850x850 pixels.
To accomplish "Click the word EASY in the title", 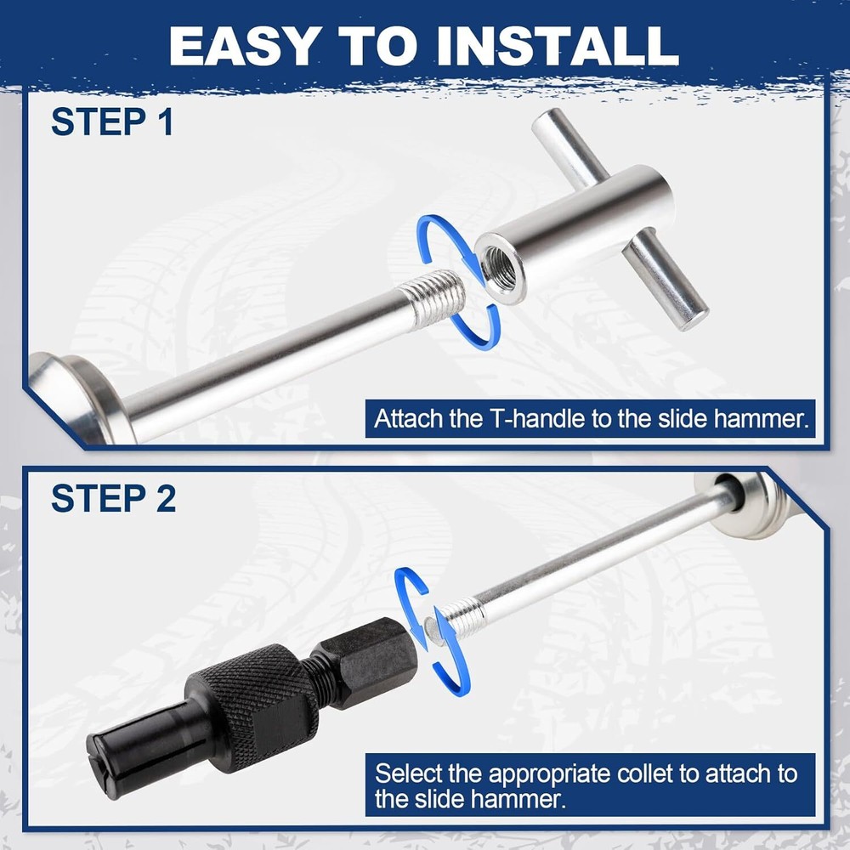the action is coord(242,46).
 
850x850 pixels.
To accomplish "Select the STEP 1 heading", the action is coord(112,122).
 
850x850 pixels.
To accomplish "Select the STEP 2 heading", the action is coord(113,498).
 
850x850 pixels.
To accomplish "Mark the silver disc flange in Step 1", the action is coord(82,399).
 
